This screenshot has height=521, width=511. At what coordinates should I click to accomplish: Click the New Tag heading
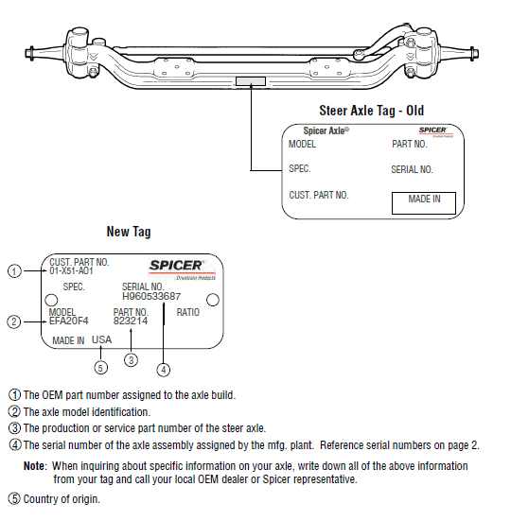(129, 232)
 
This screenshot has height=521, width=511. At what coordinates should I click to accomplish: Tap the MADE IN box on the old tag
(424, 201)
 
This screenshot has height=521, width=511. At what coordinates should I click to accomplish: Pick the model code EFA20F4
(68, 321)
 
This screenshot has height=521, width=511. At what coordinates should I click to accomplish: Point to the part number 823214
(131, 321)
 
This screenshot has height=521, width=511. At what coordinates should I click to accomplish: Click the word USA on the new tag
(101, 339)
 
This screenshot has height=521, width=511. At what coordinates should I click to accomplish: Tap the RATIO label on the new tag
(187, 312)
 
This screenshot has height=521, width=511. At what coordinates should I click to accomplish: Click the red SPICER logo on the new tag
(182, 266)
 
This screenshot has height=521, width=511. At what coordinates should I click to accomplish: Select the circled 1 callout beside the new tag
(13, 271)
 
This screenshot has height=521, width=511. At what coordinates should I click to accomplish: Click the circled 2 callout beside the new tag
(13, 321)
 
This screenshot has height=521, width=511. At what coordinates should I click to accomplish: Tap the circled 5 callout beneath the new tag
(100, 367)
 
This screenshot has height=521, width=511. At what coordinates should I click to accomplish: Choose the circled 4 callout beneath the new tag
(164, 368)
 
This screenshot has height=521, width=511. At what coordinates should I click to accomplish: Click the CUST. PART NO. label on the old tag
(319, 195)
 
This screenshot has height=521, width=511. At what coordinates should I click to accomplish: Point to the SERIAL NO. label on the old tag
(412, 170)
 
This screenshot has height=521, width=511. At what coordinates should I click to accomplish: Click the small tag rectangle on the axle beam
(252, 81)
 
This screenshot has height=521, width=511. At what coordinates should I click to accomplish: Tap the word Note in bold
(34, 466)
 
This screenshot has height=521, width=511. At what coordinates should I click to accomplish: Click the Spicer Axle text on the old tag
(325, 130)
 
